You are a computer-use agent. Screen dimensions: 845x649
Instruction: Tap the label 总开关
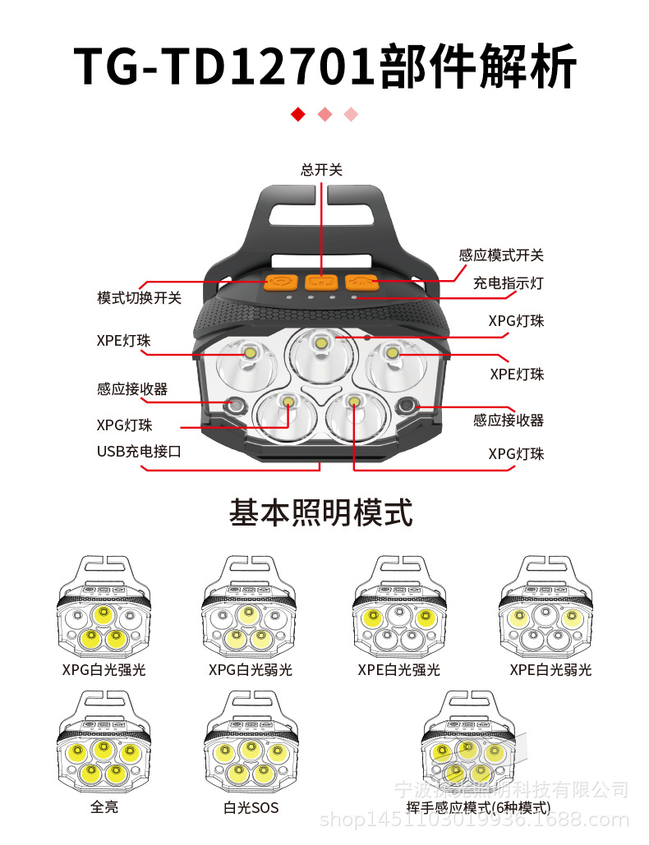tap(321, 170)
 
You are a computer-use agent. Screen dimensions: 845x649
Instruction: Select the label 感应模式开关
tap(501, 255)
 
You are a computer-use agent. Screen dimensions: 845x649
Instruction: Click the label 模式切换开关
tap(139, 298)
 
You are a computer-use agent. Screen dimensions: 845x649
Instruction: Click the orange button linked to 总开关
tap(321, 282)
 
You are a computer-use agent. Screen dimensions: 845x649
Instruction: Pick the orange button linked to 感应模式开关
tap(361, 282)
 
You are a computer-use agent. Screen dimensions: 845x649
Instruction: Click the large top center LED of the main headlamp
tap(321, 342)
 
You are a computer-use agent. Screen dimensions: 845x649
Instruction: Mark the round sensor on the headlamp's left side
tap(236, 405)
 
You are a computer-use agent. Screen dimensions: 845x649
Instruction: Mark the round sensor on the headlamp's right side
tap(406, 406)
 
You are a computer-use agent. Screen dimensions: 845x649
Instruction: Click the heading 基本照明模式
tap(320, 513)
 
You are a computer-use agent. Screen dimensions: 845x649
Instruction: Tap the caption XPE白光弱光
tap(550, 669)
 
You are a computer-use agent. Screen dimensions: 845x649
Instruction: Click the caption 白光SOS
tap(251, 807)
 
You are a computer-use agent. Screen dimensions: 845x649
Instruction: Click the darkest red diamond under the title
tap(298, 114)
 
